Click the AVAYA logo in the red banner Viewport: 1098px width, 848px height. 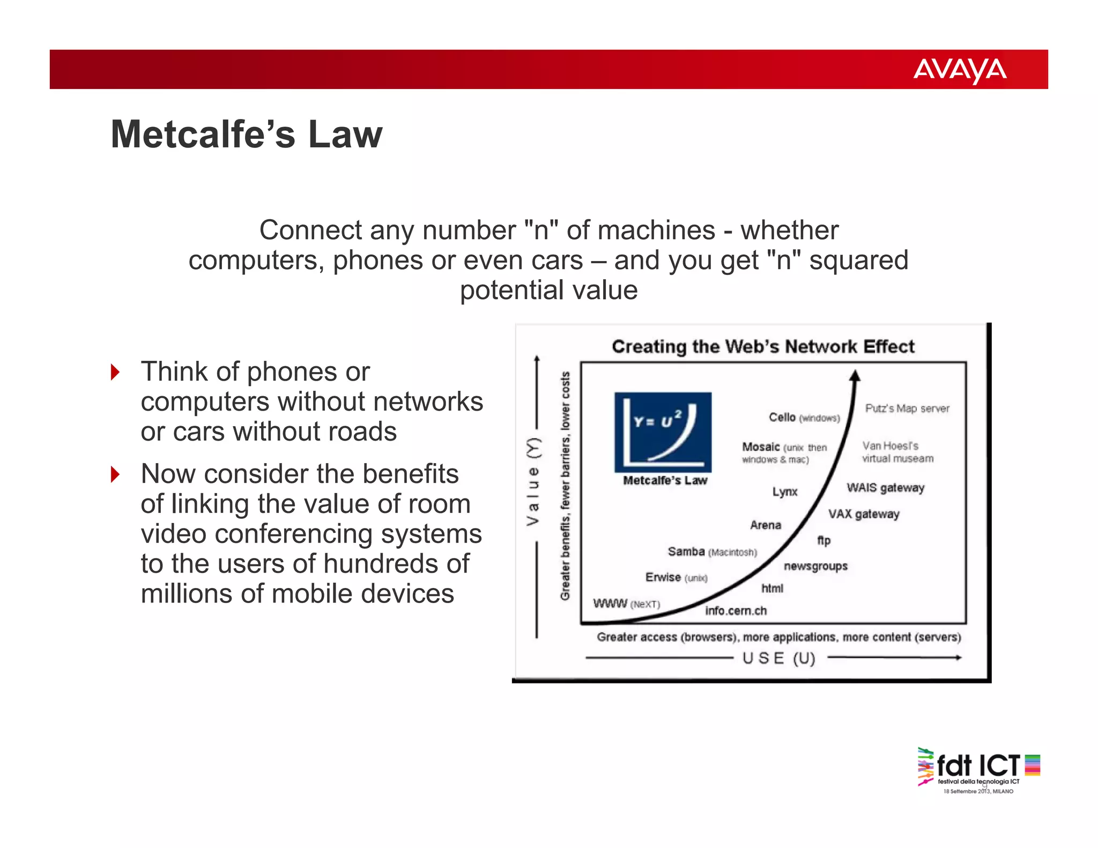tap(959, 70)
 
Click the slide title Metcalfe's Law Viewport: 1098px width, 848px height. tap(246, 134)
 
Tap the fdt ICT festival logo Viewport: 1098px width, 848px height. tap(978, 770)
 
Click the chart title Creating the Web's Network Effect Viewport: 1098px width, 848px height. tap(763, 346)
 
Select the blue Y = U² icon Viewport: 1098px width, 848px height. tap(663, 432)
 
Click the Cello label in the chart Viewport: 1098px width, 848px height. tap(782, 417)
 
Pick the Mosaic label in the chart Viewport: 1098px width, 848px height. tap(761, 447)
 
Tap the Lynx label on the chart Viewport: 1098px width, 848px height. tap(785, 492)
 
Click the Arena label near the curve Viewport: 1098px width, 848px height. tap(766, 525)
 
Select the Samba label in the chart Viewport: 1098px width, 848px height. tap(686, 551)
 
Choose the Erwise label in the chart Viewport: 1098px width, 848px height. tap(663, 577)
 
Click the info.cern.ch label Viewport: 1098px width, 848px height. tap(736, 611)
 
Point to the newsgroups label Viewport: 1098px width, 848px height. tap(815, 566)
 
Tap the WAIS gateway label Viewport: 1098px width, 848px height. tap(885, 487)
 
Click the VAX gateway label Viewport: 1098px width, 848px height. tap(864, 514)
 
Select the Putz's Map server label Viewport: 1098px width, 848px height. tap(907, 408)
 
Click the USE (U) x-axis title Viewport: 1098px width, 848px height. tap(778, 658)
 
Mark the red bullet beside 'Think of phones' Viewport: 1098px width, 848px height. tap(115, 372)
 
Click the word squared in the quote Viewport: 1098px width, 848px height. tap(858, 261)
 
